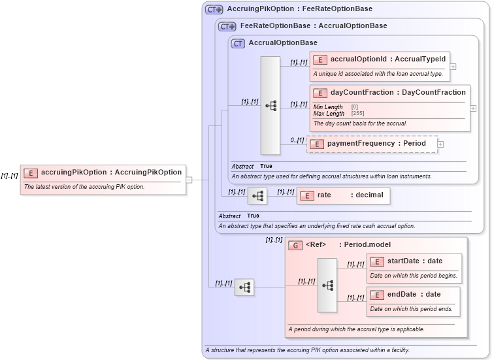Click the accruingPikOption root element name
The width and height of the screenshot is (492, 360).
pyautogui.click(x=111, y=172)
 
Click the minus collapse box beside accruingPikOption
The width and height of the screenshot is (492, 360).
pyautogui.click(x=189, y=180)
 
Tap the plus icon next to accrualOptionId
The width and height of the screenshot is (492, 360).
pyautogui.click(x=453, y=66)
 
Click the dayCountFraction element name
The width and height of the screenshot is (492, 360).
pyautogui.click(x=398, y=93)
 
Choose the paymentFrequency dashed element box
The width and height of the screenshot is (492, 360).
pyautogui.click(x=372, y=144)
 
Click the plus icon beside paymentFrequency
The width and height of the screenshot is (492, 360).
pyautogui.click(x=440, y=144)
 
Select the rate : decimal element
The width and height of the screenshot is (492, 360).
pyautogui.click(x=344, y=195)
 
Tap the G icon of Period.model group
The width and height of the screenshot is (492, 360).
pyautogui.click(x=295, y=246)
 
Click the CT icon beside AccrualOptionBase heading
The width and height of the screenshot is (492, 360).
pyautogui.click(x=238, y=43)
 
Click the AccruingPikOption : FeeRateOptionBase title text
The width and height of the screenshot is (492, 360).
pyautogui.click(x=299, y=9)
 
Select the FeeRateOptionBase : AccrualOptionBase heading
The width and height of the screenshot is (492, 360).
pyautogui.click(x=314, y=26)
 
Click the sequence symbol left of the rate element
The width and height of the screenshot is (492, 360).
pyautogui.click(x=257, y=196)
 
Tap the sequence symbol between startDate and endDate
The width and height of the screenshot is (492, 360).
pyautogui.click(x=327, y=286)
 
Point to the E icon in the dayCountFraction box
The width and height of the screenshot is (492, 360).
pyautogui.click(x=320, y=93)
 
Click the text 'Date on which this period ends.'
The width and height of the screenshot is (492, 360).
pyautogui.click(x=411, y=309)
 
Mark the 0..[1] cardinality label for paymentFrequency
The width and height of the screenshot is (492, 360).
pyautogui.click(x=297, y=140)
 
